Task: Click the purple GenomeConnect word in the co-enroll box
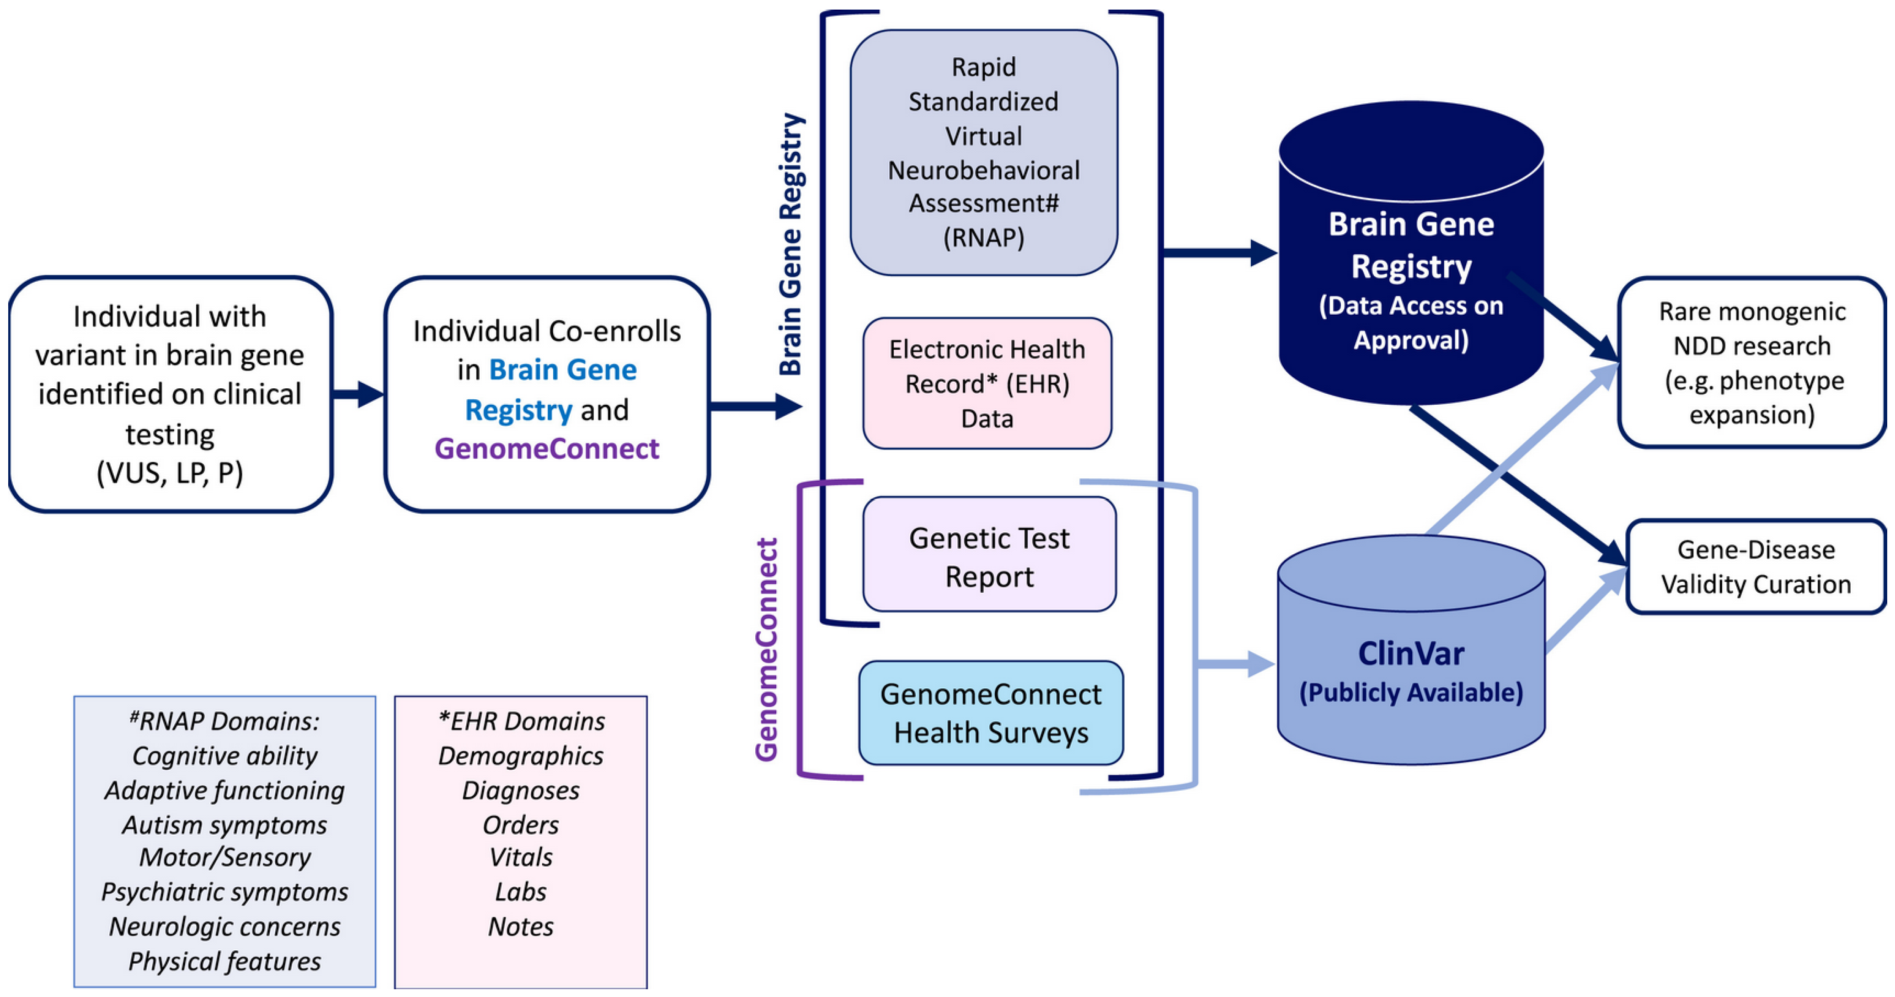547,449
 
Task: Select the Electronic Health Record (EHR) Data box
987,383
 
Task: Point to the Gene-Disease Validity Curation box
1755,567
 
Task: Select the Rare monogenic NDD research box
1751,363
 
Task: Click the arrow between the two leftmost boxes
358,394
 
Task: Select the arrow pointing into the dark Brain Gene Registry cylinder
1221,253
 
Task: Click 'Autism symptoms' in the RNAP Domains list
224,825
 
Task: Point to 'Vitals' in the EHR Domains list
520,857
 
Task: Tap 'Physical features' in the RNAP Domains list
224,961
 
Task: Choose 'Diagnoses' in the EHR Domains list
520,790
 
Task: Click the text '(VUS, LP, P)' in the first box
170,472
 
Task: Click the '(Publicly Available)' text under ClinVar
1410,692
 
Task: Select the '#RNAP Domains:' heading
224,721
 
